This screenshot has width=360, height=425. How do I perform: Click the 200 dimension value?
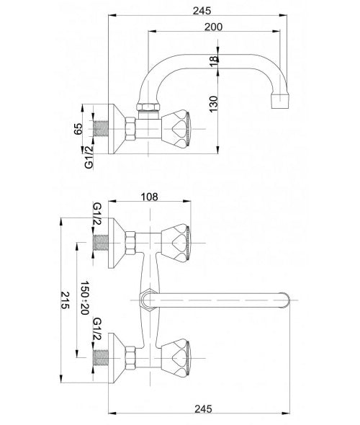coord(213,27)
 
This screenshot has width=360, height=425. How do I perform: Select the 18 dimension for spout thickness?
coord(214,61)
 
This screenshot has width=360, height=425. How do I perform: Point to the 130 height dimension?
coord(213,104)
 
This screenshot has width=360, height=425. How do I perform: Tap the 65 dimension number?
coord(78,129)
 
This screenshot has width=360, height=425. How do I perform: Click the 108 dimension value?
coord(149,197)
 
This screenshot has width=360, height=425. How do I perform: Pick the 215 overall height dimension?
coord(65,300)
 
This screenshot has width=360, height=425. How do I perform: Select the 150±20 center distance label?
coord(85,297)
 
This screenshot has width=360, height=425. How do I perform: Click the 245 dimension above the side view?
coord(202,11)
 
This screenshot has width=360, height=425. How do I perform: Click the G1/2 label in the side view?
coord(89,157)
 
